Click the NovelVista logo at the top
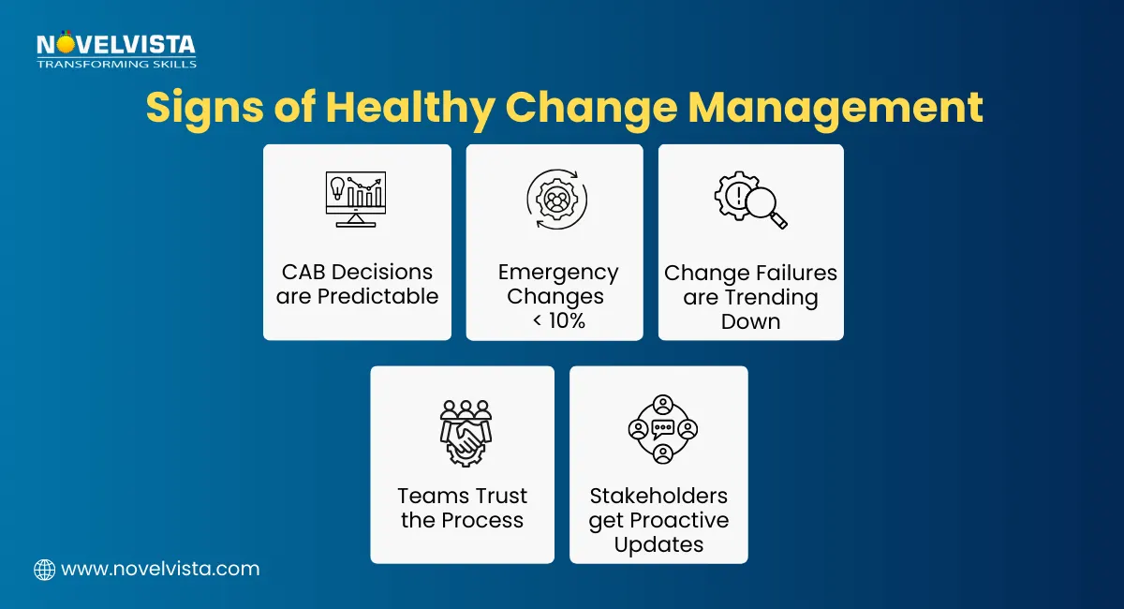[x=116, y=49]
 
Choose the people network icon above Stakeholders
[x=662, y=429]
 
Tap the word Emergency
[x=558, y=273]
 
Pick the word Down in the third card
[x=750, y=321]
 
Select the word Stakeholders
[x=658, y=496]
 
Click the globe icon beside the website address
[x=44, y=569]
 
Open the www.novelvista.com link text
[x=159, y=569]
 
